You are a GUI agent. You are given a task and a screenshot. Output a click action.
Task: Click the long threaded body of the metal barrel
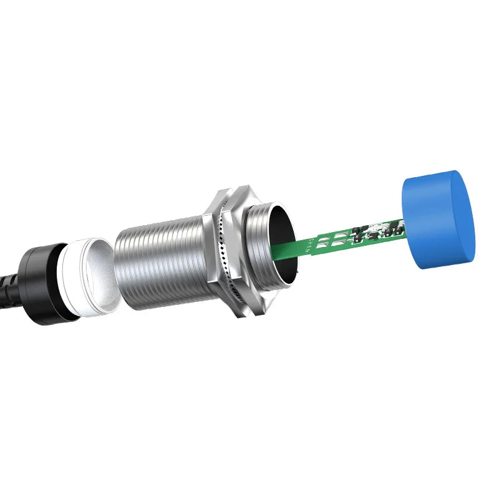[162, 265]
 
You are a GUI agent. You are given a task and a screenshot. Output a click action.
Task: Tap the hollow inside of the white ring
[100, 274]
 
